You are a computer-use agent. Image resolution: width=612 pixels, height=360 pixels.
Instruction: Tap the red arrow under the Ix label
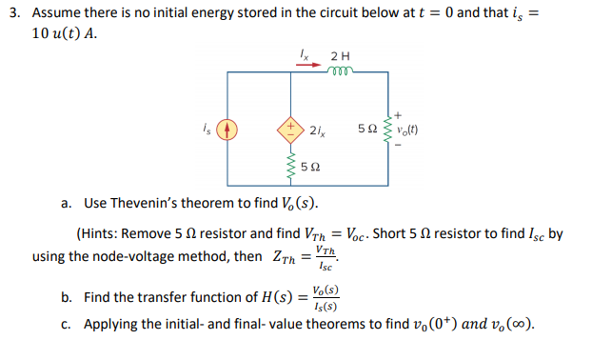pyautogui.click(x=300, y=66)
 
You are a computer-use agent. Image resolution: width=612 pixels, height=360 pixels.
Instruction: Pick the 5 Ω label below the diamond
pyautogui.click(x=309, y=168)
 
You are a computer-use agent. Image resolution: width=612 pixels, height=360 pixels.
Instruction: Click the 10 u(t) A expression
pyautogui.click(x=66, y=33)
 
